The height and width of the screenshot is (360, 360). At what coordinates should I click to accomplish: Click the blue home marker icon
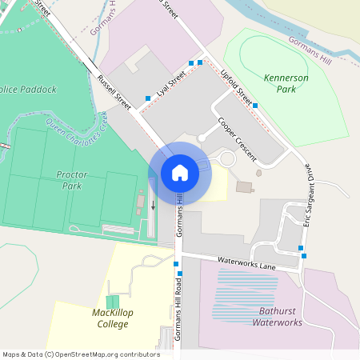180,173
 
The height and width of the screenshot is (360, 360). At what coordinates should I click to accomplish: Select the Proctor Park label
72,179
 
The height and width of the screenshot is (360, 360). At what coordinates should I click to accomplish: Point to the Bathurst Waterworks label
277,317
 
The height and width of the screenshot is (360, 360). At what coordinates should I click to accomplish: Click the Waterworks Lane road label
246,263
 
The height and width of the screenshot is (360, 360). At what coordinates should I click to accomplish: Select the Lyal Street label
171,83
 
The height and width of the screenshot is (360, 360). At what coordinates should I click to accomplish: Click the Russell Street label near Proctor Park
114,93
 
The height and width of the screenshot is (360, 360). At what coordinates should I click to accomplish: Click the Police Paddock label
29,90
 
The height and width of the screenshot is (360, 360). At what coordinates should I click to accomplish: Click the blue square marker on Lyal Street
148,98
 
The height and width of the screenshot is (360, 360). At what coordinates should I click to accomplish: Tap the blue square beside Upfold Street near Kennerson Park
254,105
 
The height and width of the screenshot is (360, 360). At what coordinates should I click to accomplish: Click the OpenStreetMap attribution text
80,354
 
